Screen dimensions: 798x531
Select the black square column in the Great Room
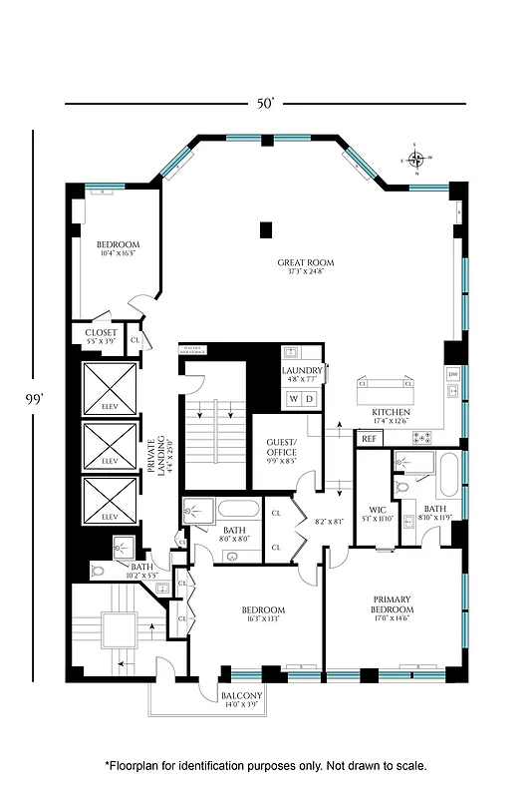coord(264,230)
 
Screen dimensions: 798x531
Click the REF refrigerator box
coord(368,438)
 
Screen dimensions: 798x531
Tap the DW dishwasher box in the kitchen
coord(452,375)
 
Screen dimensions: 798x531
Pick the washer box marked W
coord(294,398)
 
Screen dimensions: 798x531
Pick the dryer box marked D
coord(309,398)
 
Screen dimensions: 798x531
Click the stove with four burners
coord(424,436)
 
